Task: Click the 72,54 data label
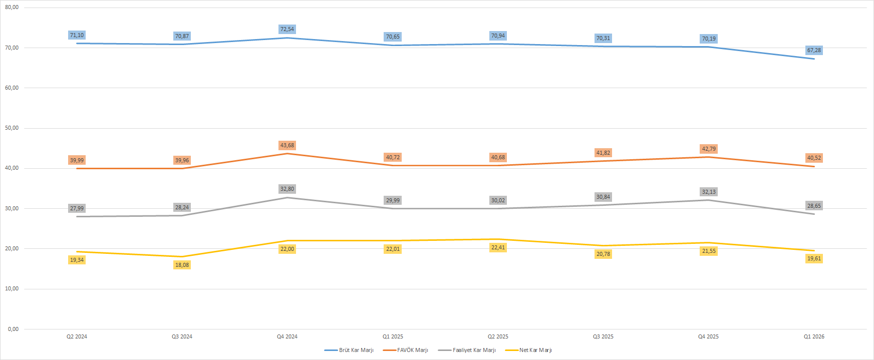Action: pyautogui.click(x=287, y=29)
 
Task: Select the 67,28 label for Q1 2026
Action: pyautogui.click(x=814, y=50)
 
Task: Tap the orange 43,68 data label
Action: pyautogui.click(x=287, y=145)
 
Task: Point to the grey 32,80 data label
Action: pyautogui.click(x=287, y=189)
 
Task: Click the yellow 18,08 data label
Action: pyautogui.click(x=182, y=265)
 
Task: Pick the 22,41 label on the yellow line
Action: pyautogui.click(x=498, y=247)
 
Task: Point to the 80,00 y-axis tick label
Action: pyautogui.click(x=12, y=8)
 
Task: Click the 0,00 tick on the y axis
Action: pyautogui.click(x=13, y=329)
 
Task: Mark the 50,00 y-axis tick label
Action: pyautogui.click(x=12, y=128)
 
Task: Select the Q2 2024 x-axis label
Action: pyautogui.click(x=77, y=336)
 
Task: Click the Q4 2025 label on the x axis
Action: pyautogui.click(x=708, y=336)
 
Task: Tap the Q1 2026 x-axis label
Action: pyautogui.click(x=814, y=336)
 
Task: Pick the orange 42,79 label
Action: pyautogui.click(x=709, y=149)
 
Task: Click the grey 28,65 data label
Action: pyautogui.click(x=814, y=206)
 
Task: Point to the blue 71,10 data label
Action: pyautogui.click(x=77, y=35)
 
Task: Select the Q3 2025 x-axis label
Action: pyautogui.click(x=603, y=336)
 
